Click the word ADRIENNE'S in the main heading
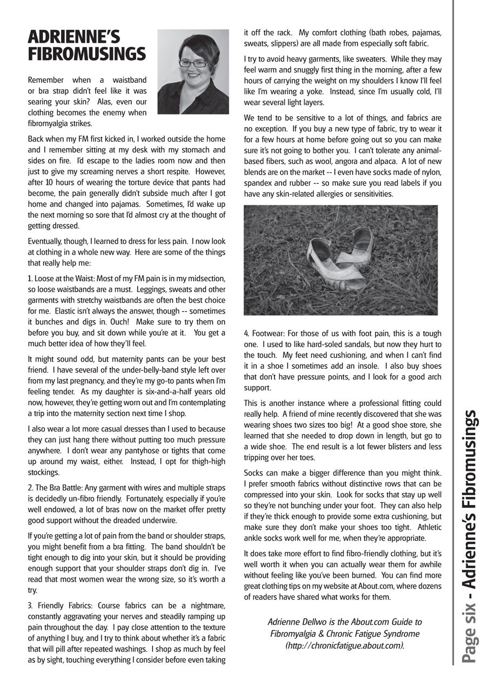(73, 37)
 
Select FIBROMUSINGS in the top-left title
(86, 54)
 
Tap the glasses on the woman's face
(193, 63)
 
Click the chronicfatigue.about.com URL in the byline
(345, 646)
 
